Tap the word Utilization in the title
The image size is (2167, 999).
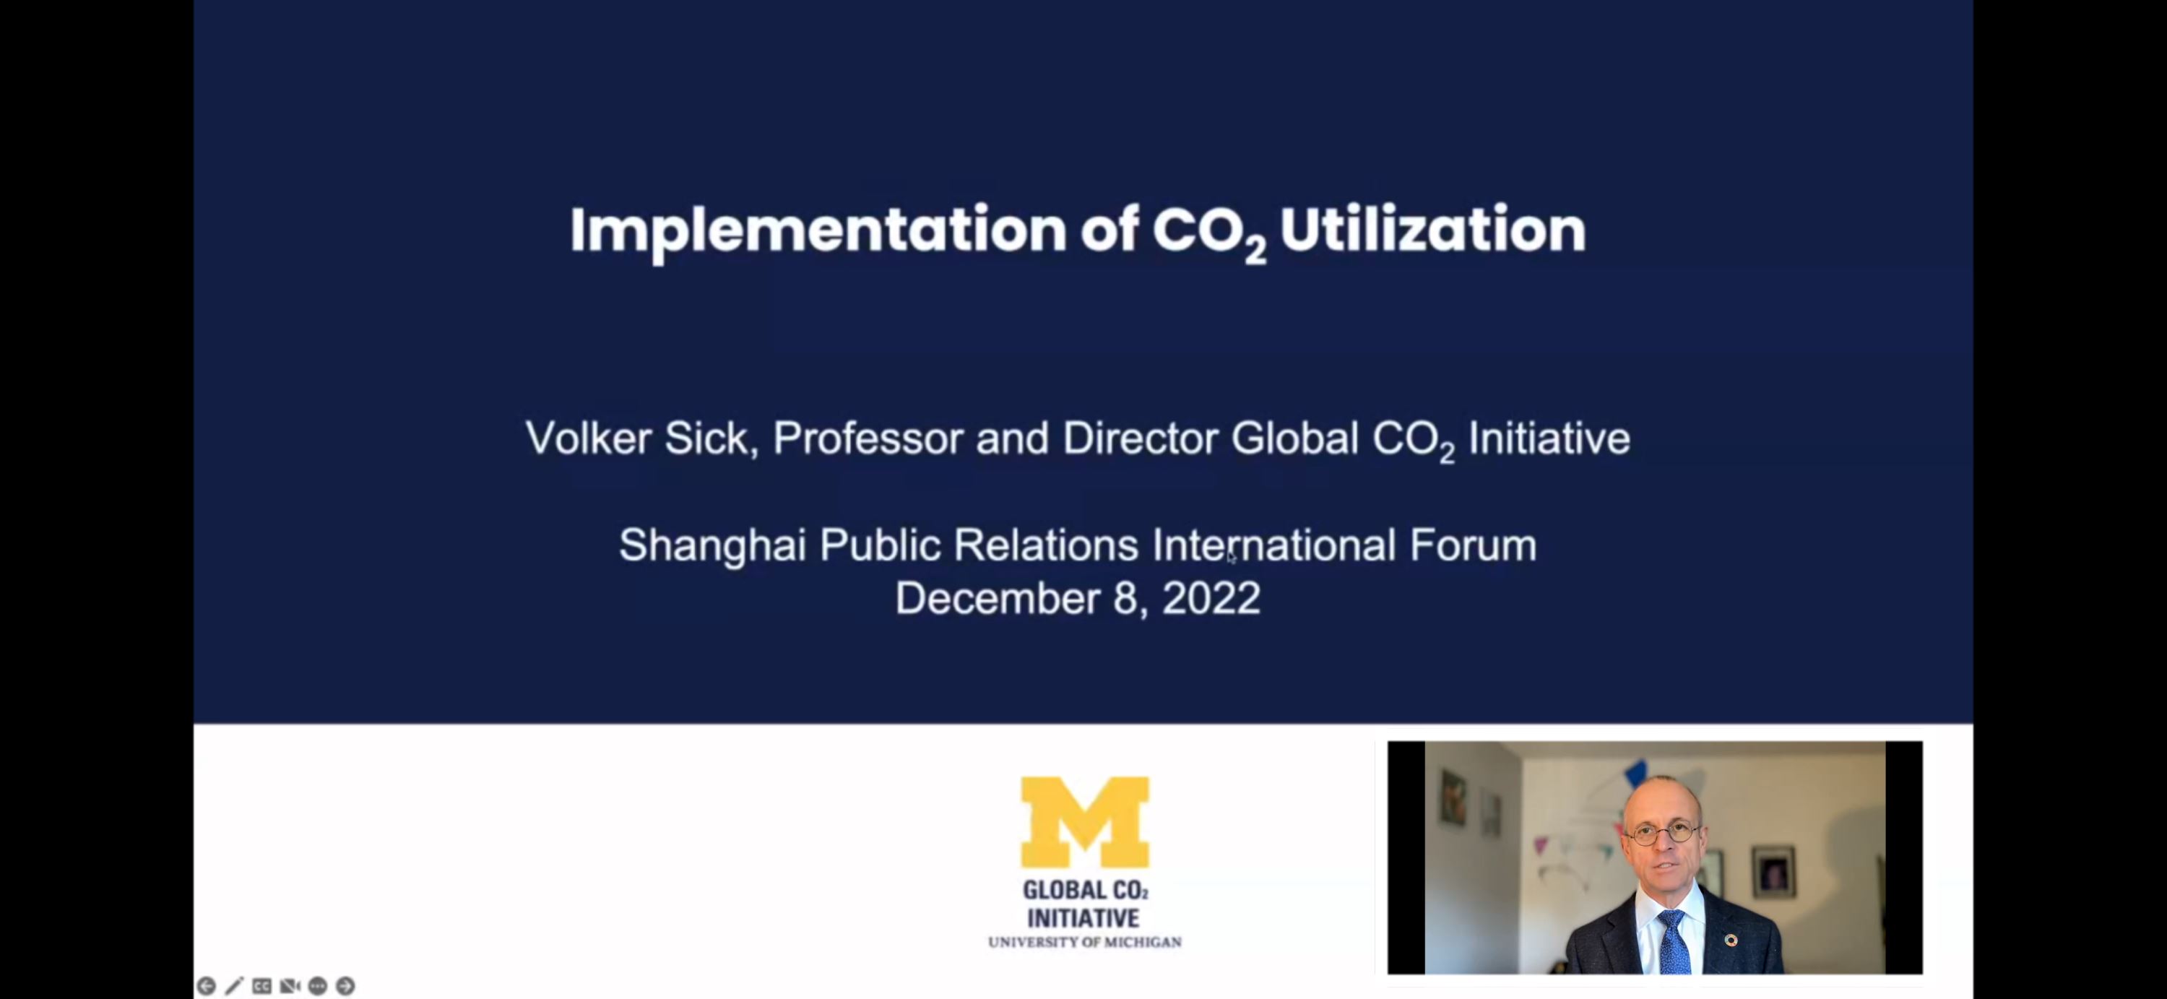point(1432,229)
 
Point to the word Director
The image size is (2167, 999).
point(1140,438)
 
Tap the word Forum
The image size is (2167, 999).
point(1473,545)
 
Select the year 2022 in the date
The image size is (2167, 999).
point(1211,599)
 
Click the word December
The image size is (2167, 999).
point(998,599)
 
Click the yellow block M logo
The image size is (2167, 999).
point(1084,821)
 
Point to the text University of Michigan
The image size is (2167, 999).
point(1084,942)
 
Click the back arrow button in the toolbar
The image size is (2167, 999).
point(206,985)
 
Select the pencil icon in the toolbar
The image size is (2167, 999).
point(234,985)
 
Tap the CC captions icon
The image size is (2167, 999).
point(261,985)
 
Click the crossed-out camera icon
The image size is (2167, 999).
point(290,985)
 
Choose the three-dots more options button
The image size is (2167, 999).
point(317,985)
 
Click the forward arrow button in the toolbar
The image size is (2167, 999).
point(345,985)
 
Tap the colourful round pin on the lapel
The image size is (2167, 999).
point(1731,939)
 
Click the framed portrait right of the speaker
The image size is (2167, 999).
point(1774,872)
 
